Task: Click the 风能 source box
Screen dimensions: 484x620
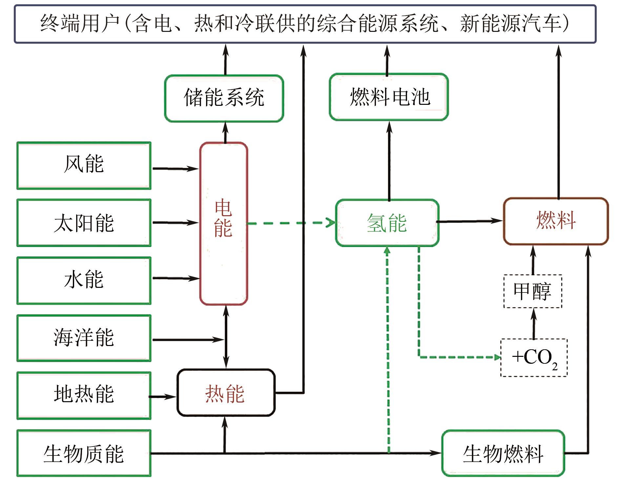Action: [84, 165]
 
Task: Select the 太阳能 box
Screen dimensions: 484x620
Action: [84, 222]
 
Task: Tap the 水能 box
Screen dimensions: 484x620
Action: [84, 280]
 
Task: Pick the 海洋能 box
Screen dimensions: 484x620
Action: [84, 338]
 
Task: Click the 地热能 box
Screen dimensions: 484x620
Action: [84, 395]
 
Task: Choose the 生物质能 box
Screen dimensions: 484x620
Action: [84, 453]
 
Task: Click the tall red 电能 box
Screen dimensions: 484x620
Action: [224, 223]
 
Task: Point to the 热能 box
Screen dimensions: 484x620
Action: [226, 393]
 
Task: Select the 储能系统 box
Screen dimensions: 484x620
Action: [224, 98]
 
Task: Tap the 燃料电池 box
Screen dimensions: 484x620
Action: [389, 97]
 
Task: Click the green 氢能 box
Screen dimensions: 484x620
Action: [387, 223]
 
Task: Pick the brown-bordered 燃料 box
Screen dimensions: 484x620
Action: [556, 221]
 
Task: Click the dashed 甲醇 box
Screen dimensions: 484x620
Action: [533, 291]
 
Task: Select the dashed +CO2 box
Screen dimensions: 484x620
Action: [534, 357]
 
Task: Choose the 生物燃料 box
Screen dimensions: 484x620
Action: [503, 453]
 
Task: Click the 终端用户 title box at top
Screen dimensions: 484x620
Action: [305, 24]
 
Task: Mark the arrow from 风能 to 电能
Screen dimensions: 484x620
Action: [176, 169]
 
